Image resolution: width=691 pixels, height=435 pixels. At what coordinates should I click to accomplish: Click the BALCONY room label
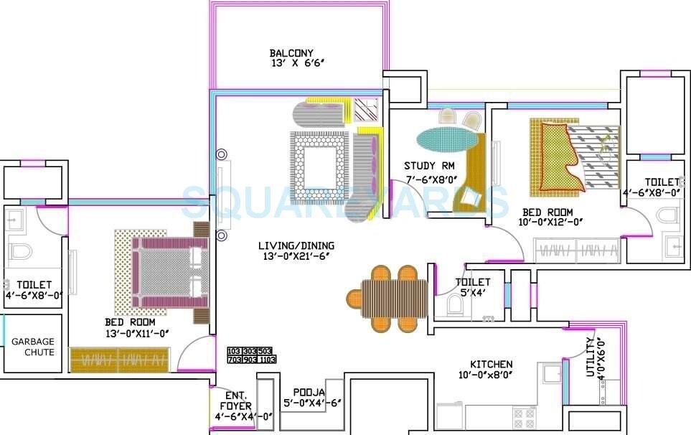[x=291, y=53]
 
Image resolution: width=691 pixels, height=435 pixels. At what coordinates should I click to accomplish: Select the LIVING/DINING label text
[x=296, y=245]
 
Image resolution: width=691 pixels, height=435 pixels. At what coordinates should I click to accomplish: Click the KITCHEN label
[x=491, y=364]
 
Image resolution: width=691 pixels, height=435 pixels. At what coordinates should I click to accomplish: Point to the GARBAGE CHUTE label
[x=32, y=347]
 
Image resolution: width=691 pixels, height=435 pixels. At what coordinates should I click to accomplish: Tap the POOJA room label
[x=309, y=392]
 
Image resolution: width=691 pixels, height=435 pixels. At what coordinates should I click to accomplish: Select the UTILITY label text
[x=591, y=357]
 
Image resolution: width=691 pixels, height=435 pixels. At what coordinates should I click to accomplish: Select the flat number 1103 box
[x=267, y=360]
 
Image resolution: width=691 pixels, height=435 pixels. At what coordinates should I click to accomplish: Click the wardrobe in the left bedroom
[x=120, y=359]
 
